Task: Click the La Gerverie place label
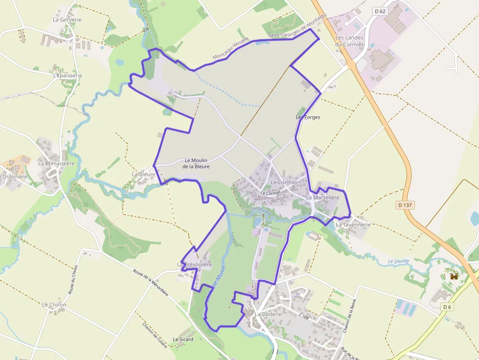tap(67, 20)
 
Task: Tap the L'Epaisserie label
tap(67, 76)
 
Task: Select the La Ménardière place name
tap(56, 163)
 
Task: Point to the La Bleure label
tap(143, 174)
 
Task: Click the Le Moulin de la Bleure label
tap(196, 163)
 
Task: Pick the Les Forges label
tap(307, 117)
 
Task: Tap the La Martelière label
tap(322, 197)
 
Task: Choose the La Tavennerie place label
tap(353, 224)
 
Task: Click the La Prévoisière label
tap(195, 264)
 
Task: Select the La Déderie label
tap(268, 314)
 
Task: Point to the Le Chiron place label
tap(54, 304)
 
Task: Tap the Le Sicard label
tap(183, 339)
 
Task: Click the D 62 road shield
tap(379, 11)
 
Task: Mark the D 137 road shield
tap(406, 205)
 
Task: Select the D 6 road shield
tap(447, 307)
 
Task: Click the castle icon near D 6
tap(454, 276)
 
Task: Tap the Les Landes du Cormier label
tap(349, 41)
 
